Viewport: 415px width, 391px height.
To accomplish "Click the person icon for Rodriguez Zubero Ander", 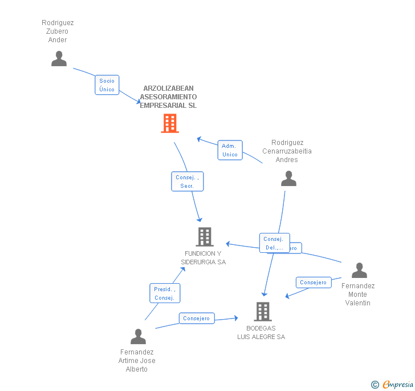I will pyautogui.click(x=59, y=58).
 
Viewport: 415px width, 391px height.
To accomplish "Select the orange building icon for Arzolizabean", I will pyautogui.click(x=170, y=123).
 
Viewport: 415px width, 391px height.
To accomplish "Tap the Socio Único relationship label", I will pyautogui.click(x=107, y=85).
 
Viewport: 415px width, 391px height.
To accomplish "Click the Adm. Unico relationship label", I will pyautogui.click(x=230, y=150).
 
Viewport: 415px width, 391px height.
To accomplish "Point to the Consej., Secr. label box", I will pyautogui.click(x=187, y=182).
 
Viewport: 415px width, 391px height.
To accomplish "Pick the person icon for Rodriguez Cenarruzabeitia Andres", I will pyautogui.click(x=288, y=179).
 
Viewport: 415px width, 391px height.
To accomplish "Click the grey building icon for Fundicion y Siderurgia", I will pyautogui.click(x=204, y=236).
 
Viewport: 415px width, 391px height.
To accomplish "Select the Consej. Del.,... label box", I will pyautogui.click(x=274, y=243).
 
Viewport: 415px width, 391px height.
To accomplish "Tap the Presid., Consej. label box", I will pyautogui.click(x=164, y=293).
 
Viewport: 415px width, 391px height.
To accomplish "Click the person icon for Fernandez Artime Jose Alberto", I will pyautogui.click(x=138, y=336).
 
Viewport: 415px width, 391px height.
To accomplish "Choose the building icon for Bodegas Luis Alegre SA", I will pyautogui.click(x=262, y=312).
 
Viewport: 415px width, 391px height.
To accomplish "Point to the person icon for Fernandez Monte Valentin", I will pyautogui.click(x=359, y=270).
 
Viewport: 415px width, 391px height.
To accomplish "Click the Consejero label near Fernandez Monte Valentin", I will pyautogui.click(x=313, y=283).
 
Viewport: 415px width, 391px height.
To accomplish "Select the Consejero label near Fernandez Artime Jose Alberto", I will pyautogui.click(x=197, y=319).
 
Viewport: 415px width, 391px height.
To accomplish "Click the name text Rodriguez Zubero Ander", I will pyautogui.click(x=58, y=31).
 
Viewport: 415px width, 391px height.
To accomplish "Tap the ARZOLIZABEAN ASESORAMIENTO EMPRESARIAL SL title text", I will pyautogui.click(x=168, y=97).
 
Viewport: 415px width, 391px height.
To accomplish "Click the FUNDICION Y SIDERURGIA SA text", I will pyautogui.click(x=204, y=257).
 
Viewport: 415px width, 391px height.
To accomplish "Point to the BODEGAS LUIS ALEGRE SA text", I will pyautogui.click(x=261, y=332).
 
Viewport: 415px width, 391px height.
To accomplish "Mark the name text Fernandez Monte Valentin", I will pyautogui.click(x=358, y=295).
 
